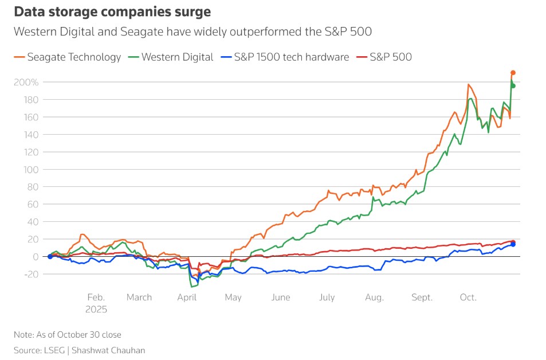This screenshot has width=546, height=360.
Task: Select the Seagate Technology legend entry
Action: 68,57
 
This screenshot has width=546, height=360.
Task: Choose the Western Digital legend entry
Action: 172,57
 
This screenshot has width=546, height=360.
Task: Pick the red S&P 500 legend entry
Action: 384,57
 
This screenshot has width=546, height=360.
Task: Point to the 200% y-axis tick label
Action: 26,83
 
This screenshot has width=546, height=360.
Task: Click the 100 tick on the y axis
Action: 31,170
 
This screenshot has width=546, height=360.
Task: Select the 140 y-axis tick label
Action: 31,135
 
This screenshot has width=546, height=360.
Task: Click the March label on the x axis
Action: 139,298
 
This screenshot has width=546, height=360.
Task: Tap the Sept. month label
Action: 422,298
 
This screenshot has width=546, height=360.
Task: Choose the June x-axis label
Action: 281,298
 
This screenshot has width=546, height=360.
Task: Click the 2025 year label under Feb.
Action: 96,309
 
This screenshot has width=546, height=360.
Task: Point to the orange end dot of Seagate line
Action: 513,73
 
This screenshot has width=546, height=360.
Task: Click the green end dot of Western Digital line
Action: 513,86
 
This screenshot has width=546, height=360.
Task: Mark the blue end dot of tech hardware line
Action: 513,244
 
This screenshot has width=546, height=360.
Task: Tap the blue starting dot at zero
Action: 50,256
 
